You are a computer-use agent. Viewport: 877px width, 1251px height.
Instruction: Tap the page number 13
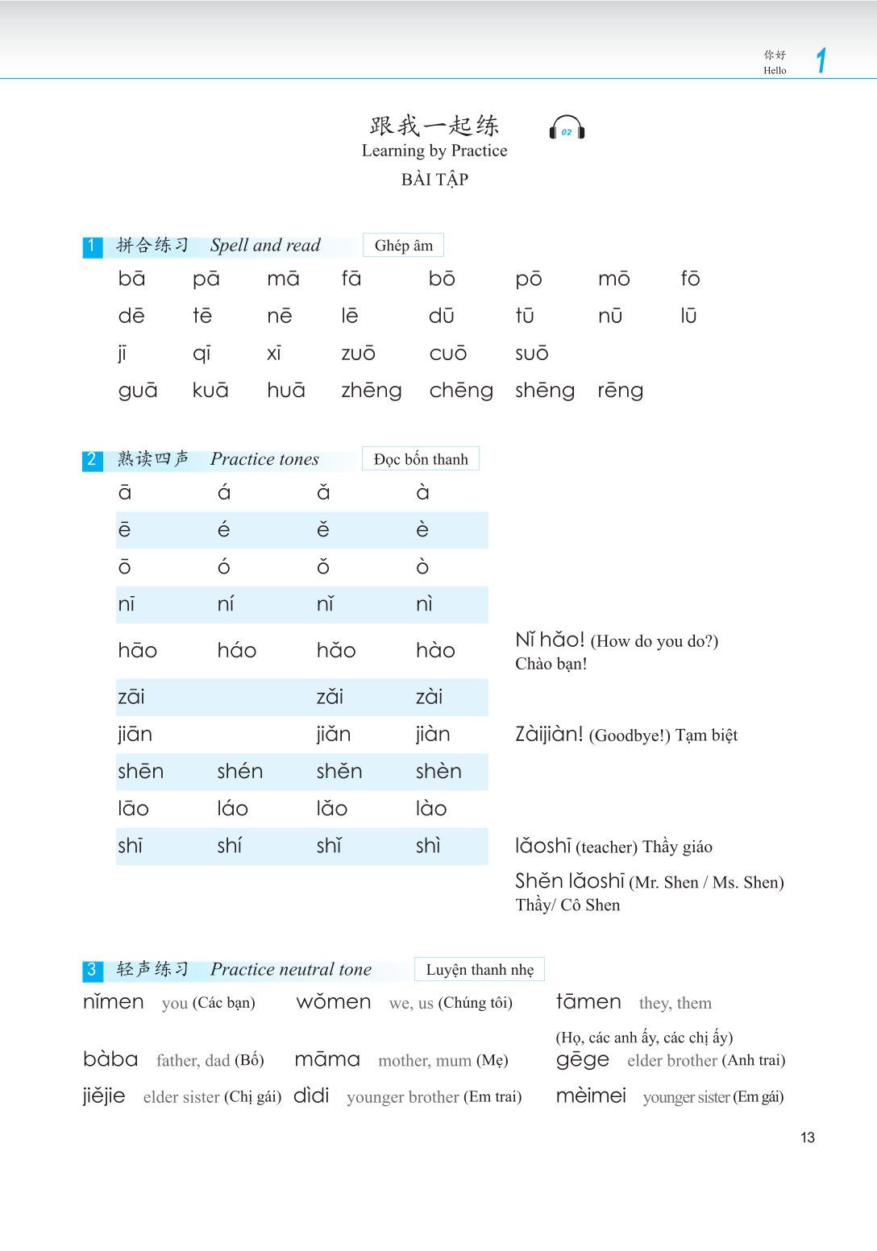point(808,1137)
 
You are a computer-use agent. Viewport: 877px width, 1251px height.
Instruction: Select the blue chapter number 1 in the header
point(821,60)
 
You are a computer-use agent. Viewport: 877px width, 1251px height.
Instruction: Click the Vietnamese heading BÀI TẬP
point(434,180)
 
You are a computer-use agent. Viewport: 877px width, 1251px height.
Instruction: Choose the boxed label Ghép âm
point(403,246)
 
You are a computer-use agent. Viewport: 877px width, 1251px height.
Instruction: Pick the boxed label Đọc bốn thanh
point(421,459)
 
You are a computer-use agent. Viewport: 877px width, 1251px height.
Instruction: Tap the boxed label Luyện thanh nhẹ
point(480,970)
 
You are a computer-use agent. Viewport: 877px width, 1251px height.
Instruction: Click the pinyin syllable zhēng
point(371,391)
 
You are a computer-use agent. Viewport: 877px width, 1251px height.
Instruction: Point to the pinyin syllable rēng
point(620,391)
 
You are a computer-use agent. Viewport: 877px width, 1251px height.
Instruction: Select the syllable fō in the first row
point(690,279)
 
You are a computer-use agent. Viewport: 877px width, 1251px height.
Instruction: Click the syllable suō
point(531,354)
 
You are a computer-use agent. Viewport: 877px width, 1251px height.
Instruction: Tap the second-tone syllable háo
point(236,650)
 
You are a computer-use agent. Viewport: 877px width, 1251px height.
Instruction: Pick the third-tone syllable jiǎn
point(333,735)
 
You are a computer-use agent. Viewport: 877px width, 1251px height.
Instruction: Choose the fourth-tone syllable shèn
point(438,772)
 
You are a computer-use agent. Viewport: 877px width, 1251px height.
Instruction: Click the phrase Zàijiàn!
point(549,735)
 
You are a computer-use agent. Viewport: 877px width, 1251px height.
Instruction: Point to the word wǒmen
point(334,1003)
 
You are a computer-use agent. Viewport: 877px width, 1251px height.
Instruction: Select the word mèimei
point(591,1096)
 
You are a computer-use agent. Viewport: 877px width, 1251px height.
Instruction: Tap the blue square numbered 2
point(92,460)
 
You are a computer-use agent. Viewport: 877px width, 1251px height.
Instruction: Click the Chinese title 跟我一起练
point(434,126)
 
